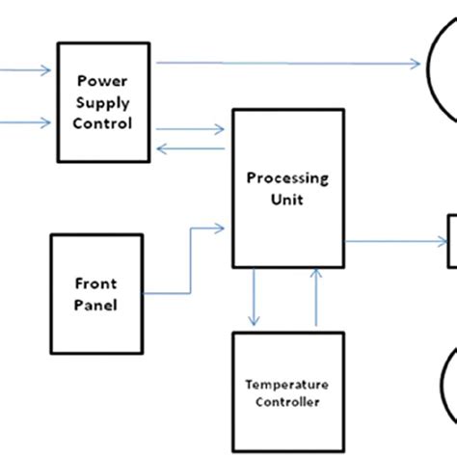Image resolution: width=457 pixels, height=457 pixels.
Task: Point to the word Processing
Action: click(287, 178)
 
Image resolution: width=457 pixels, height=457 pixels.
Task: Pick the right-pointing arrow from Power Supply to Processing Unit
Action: click(193, 128)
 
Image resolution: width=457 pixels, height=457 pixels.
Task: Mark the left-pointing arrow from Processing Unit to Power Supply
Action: click(193, 148)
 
